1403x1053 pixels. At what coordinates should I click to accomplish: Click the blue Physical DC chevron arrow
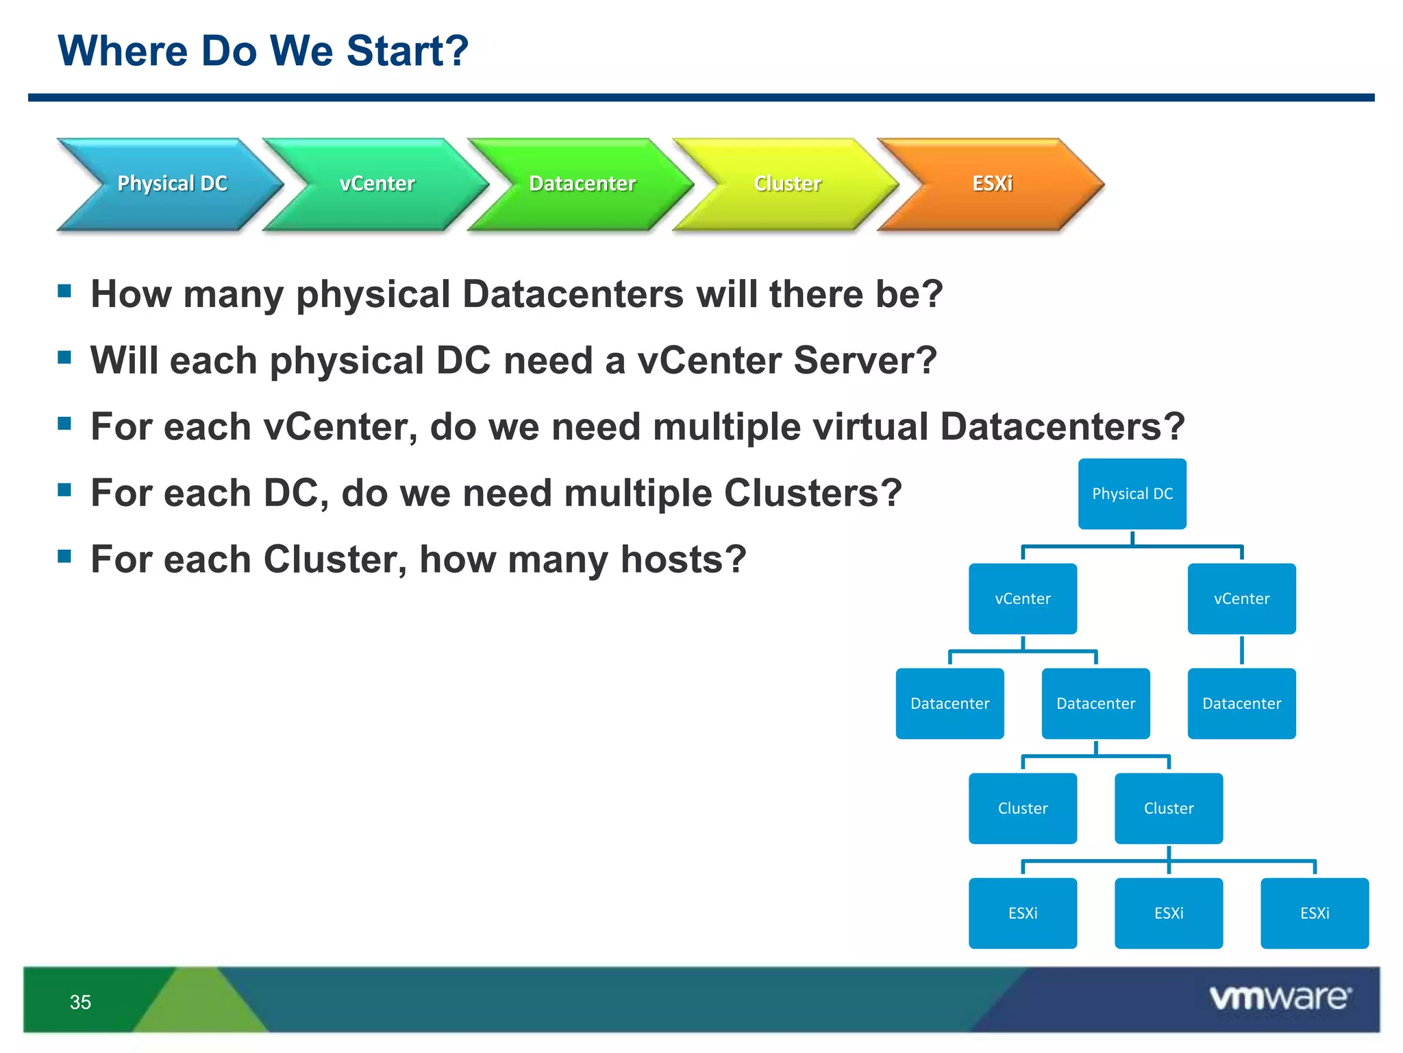tap(171, 184)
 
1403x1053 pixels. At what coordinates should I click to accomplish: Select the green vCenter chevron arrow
tap(377, 184)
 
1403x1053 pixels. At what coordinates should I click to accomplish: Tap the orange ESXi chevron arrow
tap(992, 184)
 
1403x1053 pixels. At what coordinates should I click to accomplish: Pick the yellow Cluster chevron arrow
tap(787, 184)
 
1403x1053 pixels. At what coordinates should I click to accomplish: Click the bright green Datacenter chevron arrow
tap(582, 184)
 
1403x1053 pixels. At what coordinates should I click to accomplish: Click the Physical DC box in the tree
tap(1132, 494)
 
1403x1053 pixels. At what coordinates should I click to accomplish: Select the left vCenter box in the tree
tap(1022, 598)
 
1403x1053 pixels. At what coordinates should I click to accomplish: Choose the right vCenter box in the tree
tap(1241, 598)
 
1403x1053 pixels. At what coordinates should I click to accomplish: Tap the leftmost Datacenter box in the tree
tap(949, 703)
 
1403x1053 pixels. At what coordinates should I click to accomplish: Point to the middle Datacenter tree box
tap(1095, 703)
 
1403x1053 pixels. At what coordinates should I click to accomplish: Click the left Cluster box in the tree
tap(1022, 808)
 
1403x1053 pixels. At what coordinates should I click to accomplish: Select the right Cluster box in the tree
tap(1168, 808)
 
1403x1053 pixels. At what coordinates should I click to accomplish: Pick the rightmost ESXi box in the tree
tap(1314, 913)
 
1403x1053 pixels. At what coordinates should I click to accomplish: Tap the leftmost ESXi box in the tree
tap(1022, 913)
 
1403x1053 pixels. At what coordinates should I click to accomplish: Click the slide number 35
tap(80, 1002)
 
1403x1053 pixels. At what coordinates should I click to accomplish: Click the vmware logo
tap(1280, 997)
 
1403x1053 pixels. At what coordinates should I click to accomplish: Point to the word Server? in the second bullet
tap(865, 361)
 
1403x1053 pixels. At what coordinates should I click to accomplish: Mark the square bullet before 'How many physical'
tap(65, 291)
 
